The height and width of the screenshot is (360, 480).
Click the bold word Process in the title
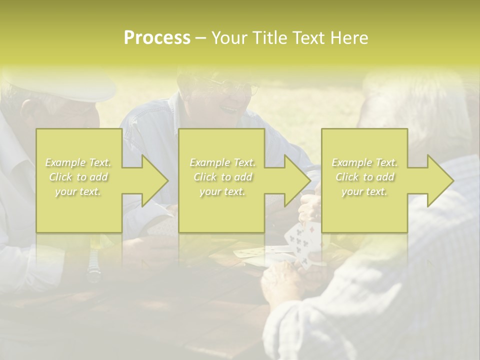(x=157, y=38)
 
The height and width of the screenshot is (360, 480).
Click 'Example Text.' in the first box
(x=78, y=162)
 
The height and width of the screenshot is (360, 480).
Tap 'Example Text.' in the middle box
(x=222, y=162)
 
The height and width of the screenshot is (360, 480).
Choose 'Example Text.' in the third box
(x=364, y=162)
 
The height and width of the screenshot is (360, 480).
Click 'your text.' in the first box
(x=78, y=191)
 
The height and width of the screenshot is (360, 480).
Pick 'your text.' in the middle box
(x=222, y=191)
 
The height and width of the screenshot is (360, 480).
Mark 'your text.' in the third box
(x=364, y=191)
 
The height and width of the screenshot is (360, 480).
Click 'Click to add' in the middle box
(x=222, y=177)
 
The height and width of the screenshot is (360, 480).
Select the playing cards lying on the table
(x=255, y=253)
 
